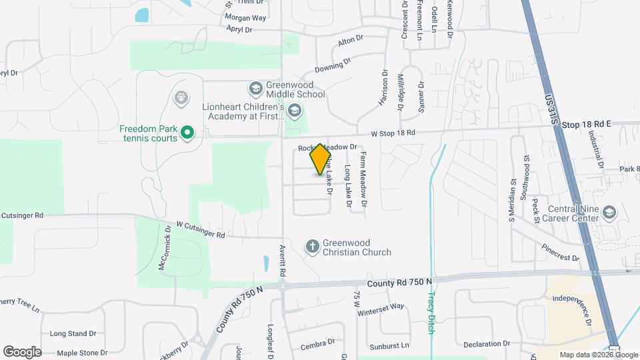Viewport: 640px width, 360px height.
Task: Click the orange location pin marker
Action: tap(321, 159)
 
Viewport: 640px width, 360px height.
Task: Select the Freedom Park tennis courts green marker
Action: tap(188, 133)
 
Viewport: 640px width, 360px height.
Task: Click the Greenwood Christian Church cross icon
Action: tap(312, 247)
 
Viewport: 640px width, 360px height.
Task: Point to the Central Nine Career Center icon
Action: tap(608, 212)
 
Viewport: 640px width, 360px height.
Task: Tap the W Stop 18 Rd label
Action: tap(393, 133)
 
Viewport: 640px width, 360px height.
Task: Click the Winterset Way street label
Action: tap(381, 307)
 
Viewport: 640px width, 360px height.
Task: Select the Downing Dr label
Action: tap(333, 65)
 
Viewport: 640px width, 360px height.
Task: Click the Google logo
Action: tap(22, 351)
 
